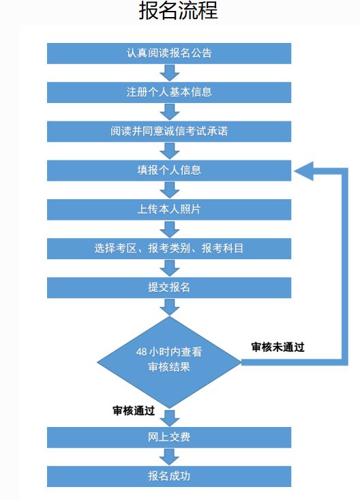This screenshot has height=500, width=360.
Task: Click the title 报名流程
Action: [178, 10]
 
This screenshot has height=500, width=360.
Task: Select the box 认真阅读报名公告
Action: [169, 53]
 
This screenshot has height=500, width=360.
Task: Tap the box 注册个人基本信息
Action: [169, 93]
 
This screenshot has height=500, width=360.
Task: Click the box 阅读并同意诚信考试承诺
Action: [169, 132]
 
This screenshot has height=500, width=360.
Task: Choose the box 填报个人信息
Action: [169, 171]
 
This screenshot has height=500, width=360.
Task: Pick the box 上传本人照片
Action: [169, 209]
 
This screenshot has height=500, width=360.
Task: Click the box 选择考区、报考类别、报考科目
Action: [169, 248]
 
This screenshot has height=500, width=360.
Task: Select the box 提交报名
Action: [169, 288]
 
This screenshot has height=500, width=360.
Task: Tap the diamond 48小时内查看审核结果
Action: [169, 362]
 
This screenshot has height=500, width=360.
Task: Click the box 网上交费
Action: [169, 437]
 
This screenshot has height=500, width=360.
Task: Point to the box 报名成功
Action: [169, 476]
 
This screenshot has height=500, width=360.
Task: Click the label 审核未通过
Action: [277, 347]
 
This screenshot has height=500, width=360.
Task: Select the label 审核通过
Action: [134, 411]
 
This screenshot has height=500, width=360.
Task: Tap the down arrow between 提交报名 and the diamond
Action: [170, 307]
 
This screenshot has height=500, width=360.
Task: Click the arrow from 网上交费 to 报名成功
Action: [170, 457]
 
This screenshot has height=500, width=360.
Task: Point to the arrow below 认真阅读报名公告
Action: [170, 73]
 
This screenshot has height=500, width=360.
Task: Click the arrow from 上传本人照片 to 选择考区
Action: [170, 229]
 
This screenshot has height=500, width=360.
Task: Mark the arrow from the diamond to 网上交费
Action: [170, 418]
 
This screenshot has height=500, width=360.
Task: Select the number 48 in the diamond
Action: [141, 352]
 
